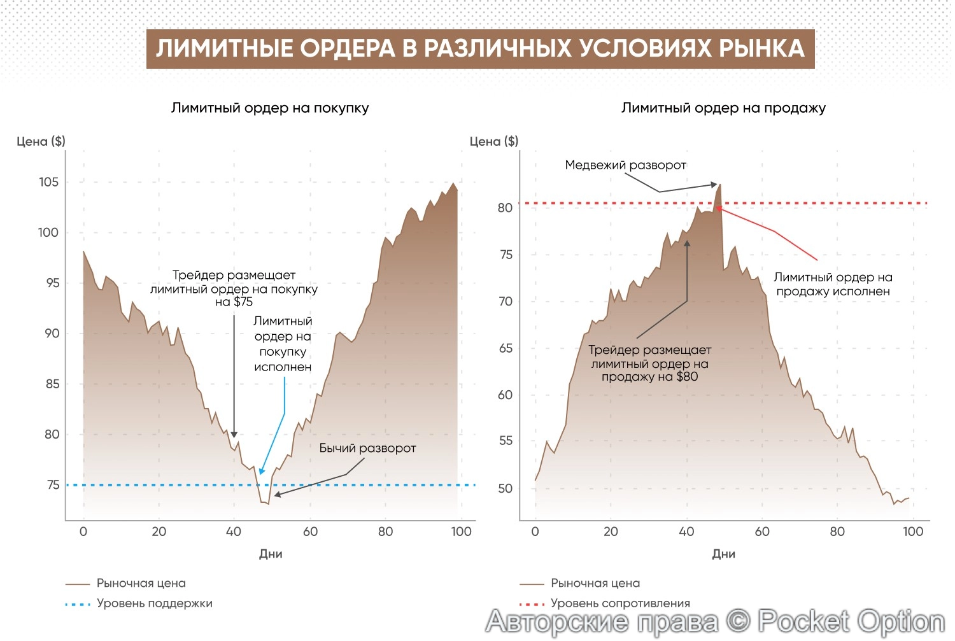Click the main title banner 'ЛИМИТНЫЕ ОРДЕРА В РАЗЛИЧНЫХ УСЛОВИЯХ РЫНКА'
480,48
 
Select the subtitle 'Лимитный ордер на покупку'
270,108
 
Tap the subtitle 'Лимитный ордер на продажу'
723,108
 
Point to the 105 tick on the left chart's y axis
48,182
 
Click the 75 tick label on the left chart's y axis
53,485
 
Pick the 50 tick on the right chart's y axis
505,488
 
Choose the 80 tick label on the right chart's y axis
505,208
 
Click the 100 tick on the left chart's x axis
461,532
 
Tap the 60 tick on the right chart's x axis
762,532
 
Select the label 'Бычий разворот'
367,448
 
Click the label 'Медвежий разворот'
625,165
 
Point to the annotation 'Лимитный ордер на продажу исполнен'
833,284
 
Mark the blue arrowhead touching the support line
261,472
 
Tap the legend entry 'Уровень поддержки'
154,603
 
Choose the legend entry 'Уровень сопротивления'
620,603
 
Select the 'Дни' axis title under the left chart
271,554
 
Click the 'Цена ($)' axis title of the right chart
494,141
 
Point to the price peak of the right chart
720,185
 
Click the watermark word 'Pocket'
803,621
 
